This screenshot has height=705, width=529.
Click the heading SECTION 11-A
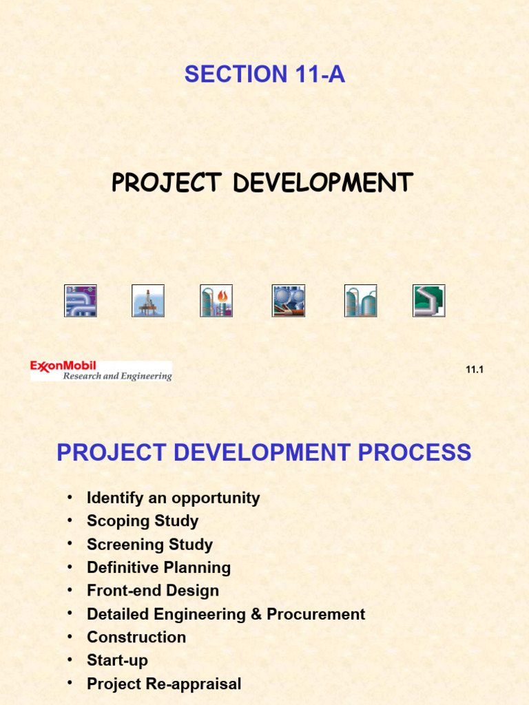(x=264, y=74)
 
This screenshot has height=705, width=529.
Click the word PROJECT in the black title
(x=166, y=183)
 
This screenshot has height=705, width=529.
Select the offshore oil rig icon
(x=148, y=301)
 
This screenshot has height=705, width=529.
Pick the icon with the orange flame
(x=216, y=301)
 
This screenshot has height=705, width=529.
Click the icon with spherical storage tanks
(x=289, y=301)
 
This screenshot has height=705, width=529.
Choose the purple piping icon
(x=81, y=301)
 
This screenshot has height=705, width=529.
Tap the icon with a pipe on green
(x=429, y=301)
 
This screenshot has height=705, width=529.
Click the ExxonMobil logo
(x=101, y=371)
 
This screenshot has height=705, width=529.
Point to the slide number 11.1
(x=475, y=370)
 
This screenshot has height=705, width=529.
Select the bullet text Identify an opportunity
(x=173, y=498)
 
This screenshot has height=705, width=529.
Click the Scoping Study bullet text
(x=143, y=521)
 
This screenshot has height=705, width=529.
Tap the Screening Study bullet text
(x=149, y=545)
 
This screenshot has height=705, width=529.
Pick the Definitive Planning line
(x=158, y=568)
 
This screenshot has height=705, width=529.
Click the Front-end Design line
(x=153, y=591)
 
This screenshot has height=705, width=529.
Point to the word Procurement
(x=315, y=614)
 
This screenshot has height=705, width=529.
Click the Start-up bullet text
(x=117, y=661)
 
